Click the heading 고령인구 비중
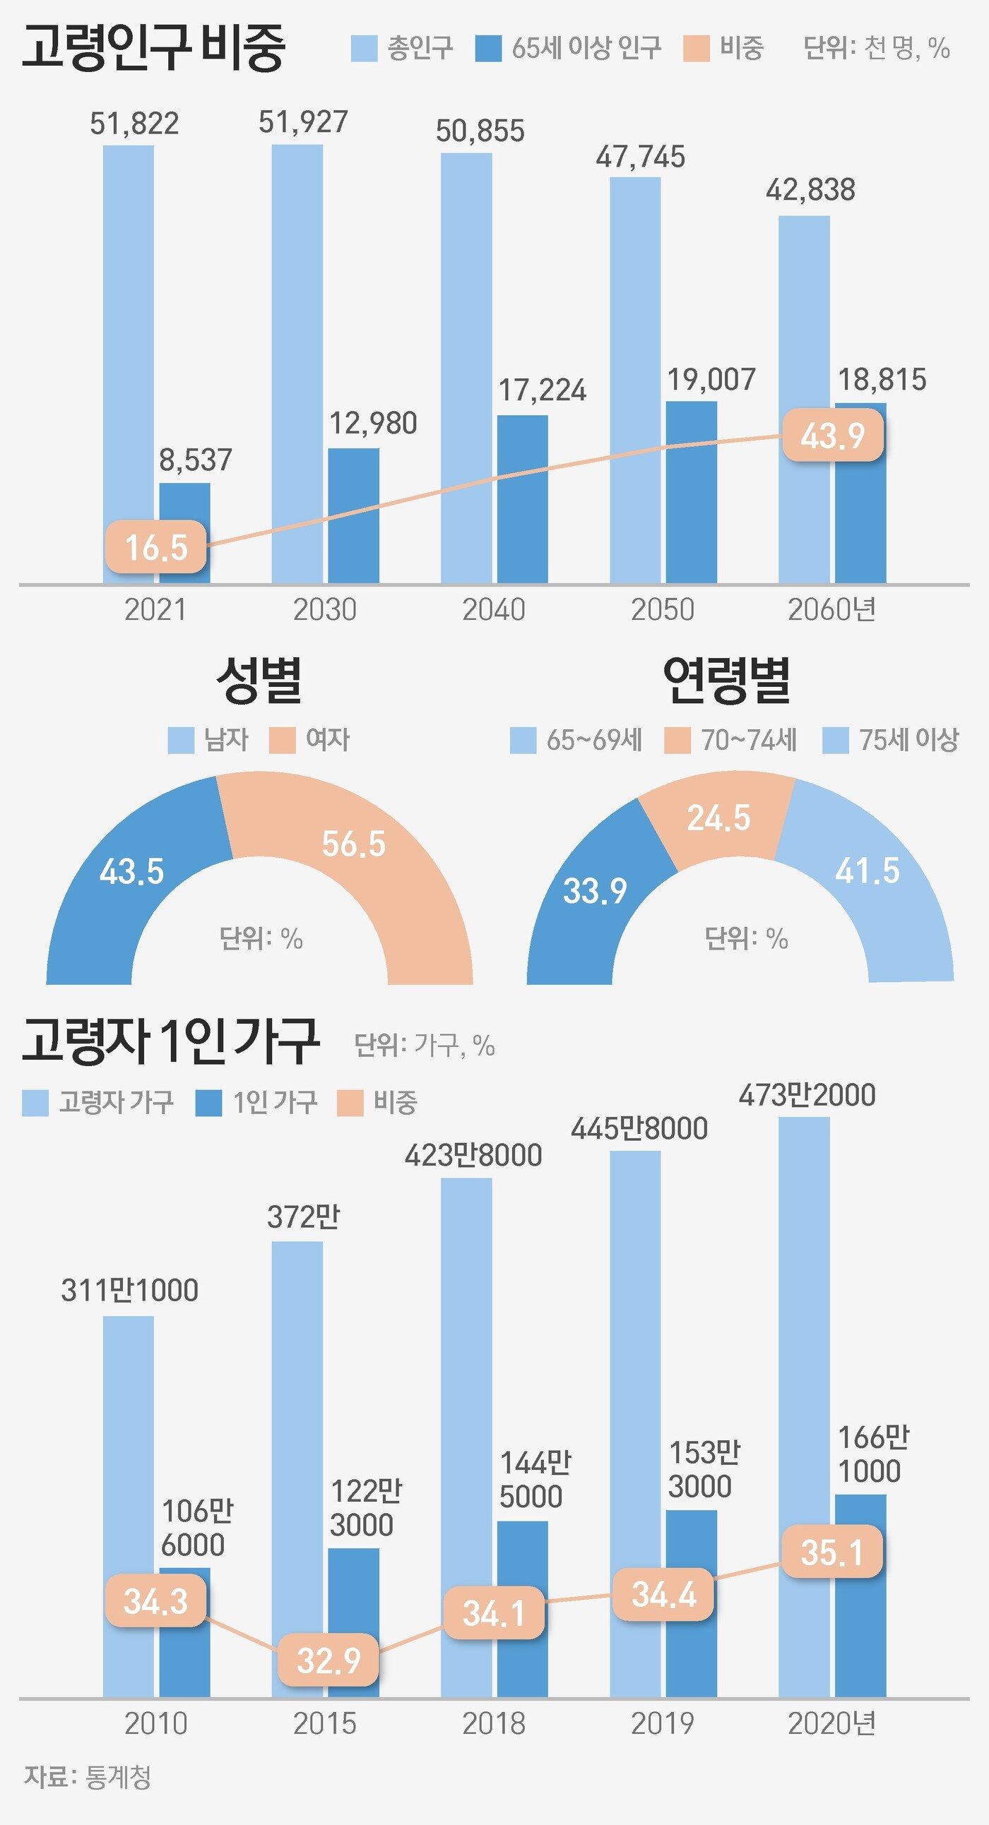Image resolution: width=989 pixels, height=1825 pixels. [153, 47]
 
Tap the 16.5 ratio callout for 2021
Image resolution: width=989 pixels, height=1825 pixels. [156, 547]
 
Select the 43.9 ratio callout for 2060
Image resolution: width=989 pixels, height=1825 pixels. [832, 435]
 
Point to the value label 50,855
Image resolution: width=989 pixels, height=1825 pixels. [480, 131]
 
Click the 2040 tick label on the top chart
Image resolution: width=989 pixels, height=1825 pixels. [493, 610]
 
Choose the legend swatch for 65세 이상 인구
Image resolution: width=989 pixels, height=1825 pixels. [488, 49]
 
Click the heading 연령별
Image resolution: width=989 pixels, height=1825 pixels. [727, 681]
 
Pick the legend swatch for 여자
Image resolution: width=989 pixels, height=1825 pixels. [282, 741]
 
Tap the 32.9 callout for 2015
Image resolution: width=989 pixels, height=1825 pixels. [328, 1660]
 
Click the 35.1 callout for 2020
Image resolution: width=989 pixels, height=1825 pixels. [832, 1552]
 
